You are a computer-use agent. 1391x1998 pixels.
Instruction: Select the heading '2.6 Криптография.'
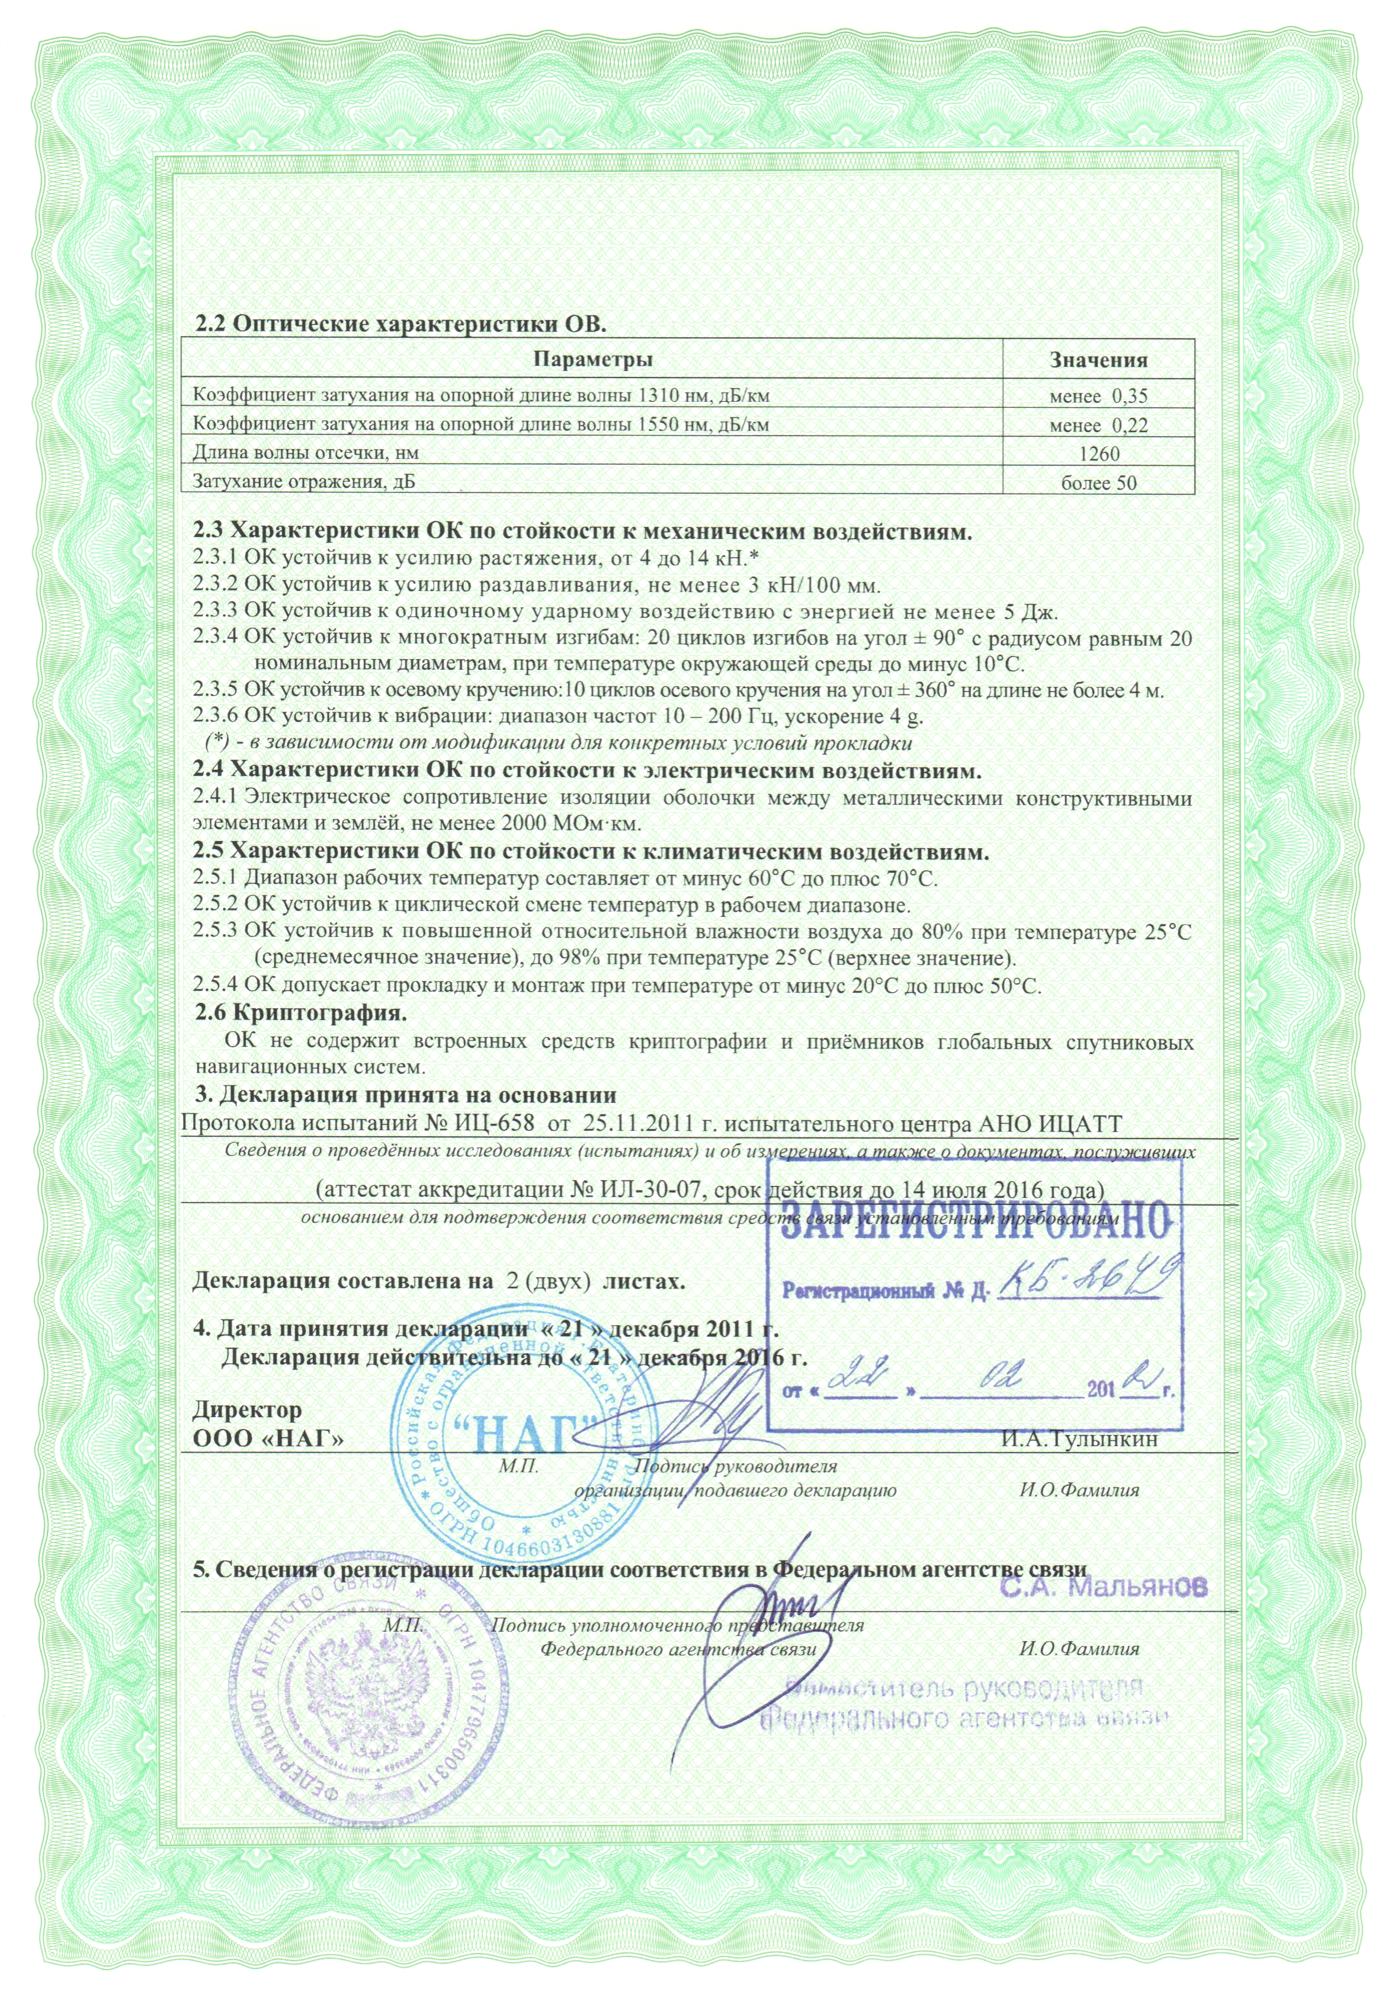pyautogui.click(x=301, y=1013)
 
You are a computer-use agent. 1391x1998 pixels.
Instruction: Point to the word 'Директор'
pyautogui.click(x=247, y=1409)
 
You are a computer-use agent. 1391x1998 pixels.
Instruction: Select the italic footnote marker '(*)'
pyautogui.click(x=217, y=743)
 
